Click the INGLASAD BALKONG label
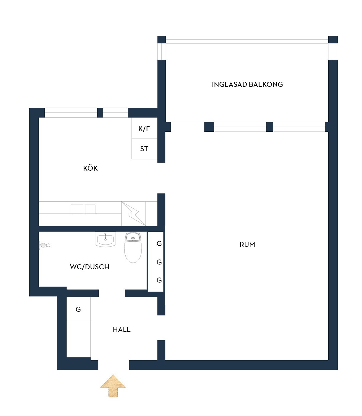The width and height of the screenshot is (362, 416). click(247, 84)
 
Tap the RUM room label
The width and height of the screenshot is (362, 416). click(247, 244)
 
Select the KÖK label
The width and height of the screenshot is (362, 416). click(90, 168)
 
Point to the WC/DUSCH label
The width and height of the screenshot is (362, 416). click(90, 267)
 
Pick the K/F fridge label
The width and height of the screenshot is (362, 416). click(144, 129)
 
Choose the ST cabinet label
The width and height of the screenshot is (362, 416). click(144, 149)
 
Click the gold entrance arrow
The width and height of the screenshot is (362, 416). click(113, 386)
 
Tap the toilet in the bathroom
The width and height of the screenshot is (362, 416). click(133, 248)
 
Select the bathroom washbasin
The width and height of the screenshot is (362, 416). click(105, 239)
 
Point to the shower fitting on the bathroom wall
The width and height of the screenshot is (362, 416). click(44, 245)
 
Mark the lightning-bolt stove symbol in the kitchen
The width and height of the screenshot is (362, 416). click(134, 213)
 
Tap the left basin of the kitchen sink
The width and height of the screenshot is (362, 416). click(77, 209)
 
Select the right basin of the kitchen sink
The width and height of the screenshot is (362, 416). click(90, 209)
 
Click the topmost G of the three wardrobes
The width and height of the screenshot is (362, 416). click(159, 243)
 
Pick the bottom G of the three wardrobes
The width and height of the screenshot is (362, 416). click(159, 280)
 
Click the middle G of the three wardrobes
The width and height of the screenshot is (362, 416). click(159, 262)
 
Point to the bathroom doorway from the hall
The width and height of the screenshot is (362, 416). click(112, 293)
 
